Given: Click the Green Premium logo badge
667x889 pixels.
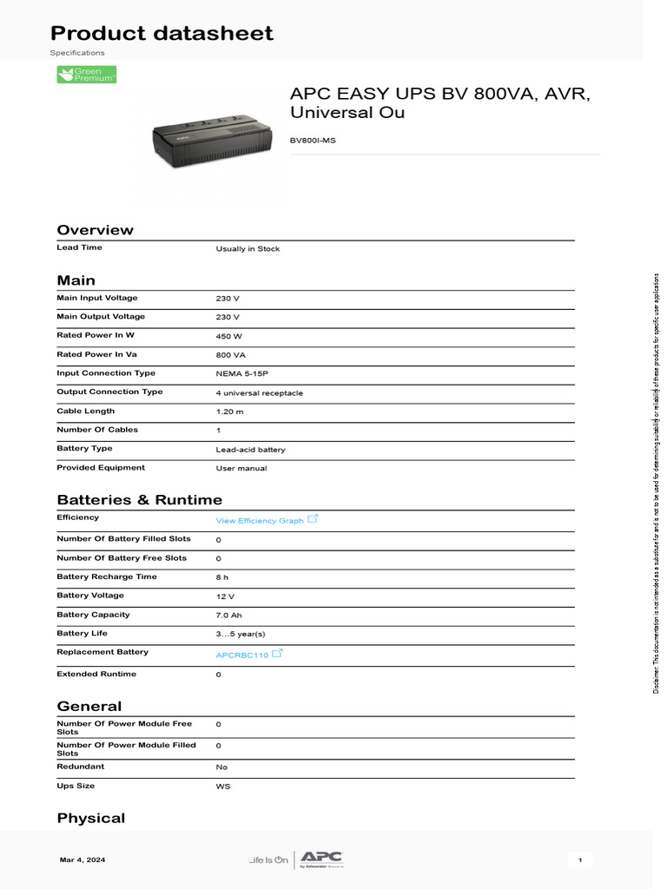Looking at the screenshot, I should [86, 75].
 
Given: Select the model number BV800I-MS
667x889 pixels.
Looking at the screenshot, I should [312, 140].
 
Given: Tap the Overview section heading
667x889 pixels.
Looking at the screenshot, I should [95, 230].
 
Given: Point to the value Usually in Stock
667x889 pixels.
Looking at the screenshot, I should [248, 249].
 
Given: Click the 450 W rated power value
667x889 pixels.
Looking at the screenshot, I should [228, 336].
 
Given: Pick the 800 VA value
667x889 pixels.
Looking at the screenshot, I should [230, 355].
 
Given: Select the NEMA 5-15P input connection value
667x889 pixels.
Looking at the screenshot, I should [242, 374].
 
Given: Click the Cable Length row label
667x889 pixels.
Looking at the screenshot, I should [85, 412].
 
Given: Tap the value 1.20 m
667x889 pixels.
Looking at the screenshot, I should [229, 412].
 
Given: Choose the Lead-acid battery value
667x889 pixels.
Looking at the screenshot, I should [250, 450].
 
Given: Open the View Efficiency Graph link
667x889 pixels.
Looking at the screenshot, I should [260, 521].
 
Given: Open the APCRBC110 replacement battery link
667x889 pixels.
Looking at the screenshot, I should [241, 655].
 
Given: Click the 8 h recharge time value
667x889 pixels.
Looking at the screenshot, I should [222, 577].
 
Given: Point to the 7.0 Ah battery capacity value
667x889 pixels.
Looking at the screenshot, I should [228, 615].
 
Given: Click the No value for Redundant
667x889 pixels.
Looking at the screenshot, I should [221, 767].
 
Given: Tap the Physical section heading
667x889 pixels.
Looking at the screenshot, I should [90, 818].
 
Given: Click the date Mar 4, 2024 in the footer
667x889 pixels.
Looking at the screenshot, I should [83, 859].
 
